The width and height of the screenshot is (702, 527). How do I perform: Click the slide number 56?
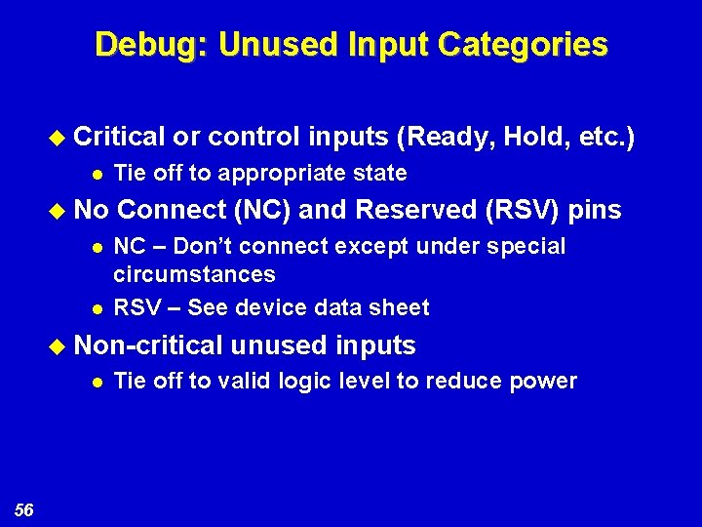pos(24,508)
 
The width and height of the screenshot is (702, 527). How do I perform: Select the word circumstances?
pos(195,275)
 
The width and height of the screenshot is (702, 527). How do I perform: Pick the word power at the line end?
pos(542,381)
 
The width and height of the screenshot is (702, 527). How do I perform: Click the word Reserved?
pos(417,210)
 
